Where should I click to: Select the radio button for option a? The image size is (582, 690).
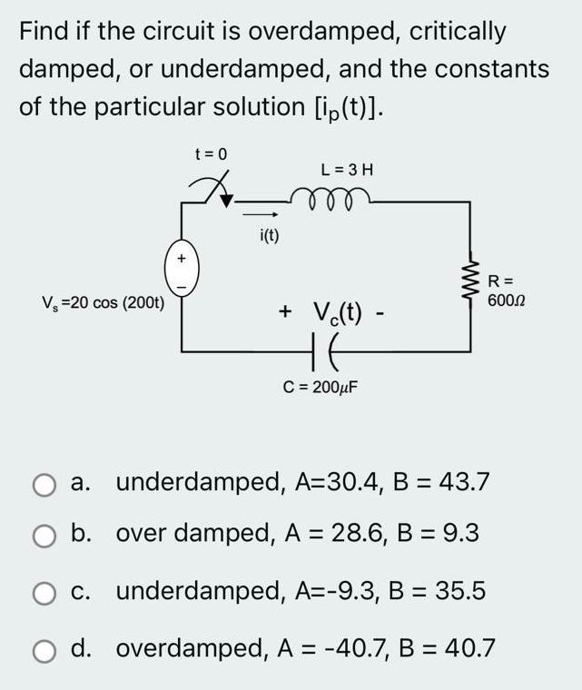[x=44, y=482]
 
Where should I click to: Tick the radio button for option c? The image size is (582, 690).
[x=44, y=592]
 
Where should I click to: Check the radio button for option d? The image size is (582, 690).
[x=44, y=649]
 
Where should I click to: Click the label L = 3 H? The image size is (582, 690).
[x=348, y=169]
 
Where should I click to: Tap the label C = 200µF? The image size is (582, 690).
[x=321, y=386]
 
